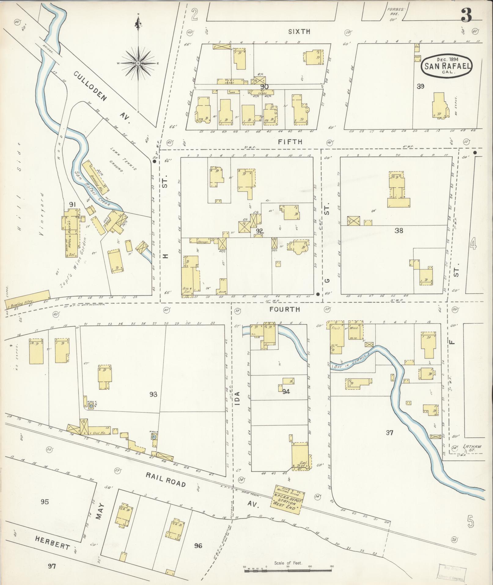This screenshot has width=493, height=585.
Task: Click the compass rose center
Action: [x=138, y=63]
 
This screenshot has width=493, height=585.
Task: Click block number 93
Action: [x=153, y=394]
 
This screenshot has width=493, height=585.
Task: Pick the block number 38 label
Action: [x=399, y=231]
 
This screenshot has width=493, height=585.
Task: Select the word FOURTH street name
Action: [x=285, y=309]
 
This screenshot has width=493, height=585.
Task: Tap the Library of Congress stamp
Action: [x=452, y=572]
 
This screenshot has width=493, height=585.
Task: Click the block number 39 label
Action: [x=421, y=87]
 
